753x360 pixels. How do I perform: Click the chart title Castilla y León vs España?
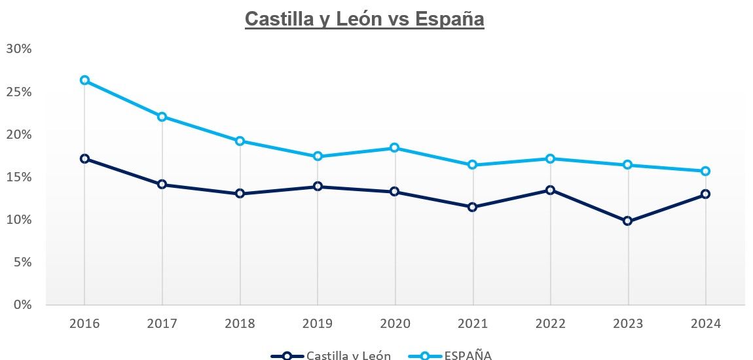(364, 19)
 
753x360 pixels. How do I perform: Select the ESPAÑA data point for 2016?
(84, 81)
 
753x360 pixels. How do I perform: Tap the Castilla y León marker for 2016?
(84, 158)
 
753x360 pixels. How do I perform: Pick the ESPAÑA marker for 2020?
(395, 148)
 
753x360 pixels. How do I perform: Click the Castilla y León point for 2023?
(628, 221)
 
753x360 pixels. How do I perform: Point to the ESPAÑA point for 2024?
(705, 171)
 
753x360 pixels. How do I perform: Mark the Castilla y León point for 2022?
(550, 190)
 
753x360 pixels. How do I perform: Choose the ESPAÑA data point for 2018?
(240, 141)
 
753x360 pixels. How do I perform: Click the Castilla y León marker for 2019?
(318, 187)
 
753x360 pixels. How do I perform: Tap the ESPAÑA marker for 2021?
(473, 165)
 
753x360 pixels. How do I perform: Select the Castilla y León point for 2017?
(162, 185)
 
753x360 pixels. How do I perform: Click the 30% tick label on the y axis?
(19, 49)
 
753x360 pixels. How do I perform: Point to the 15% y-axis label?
(19, 177)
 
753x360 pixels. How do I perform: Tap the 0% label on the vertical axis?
(22, 304)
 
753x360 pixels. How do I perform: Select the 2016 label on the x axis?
(84, 324)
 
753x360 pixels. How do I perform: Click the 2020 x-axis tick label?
(395, 324)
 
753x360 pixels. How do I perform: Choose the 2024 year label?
(705, 324)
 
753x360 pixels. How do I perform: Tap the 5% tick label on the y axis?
(22, 262)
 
